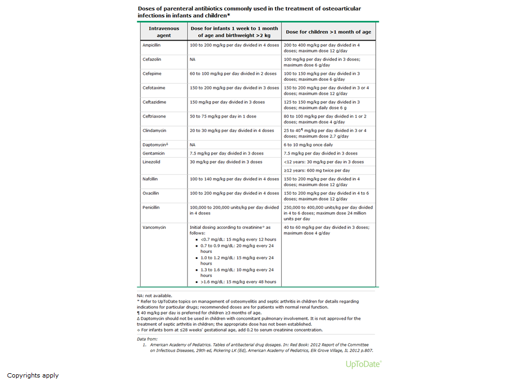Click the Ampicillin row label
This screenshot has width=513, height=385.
pos(151,45)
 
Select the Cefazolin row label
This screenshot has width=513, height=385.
pos(151,59)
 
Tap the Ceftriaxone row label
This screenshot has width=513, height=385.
pos(154,116)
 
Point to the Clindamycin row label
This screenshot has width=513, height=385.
pos(154,130)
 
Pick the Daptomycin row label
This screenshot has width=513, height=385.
pos(155,144)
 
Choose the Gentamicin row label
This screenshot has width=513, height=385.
pos(153,153)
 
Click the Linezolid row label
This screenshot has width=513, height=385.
pos(151,162)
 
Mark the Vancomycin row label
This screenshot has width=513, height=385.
pos(154,227)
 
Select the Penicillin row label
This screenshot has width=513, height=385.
pos(151,207)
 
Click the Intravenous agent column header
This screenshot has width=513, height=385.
pos(164,32)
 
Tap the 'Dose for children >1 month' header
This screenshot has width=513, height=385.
pos(328,32)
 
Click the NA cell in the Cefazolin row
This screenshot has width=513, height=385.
pos(192,59)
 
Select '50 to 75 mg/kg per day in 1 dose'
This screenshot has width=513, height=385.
pos(223,116)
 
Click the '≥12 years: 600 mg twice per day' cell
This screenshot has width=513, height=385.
pos(317,170)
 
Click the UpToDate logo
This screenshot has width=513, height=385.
pos(363,364)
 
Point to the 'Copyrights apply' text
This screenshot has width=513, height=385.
pos(33,375)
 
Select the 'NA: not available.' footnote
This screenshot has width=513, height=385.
pos(155,295)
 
